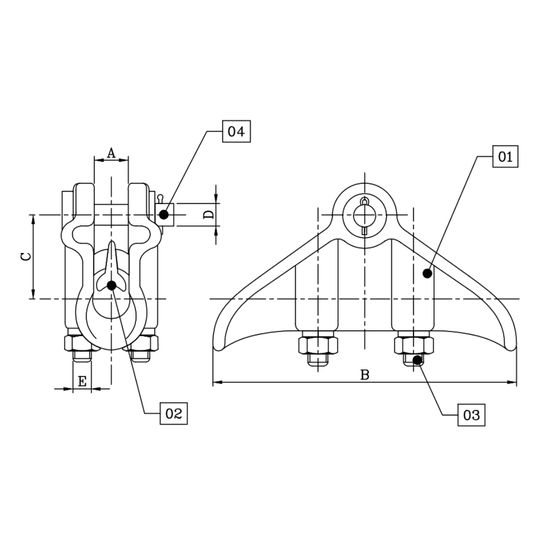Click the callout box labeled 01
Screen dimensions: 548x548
505,157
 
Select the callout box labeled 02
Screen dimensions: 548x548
174,414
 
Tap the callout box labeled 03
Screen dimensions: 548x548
471,415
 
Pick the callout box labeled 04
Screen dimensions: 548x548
236,132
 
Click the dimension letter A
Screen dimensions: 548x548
111,153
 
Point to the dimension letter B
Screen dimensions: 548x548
364,375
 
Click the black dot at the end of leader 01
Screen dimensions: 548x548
427,273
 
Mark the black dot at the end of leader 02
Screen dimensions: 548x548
111,285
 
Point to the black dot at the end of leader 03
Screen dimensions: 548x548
417,360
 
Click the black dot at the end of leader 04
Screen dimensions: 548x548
163,215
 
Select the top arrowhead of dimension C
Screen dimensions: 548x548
33,218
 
